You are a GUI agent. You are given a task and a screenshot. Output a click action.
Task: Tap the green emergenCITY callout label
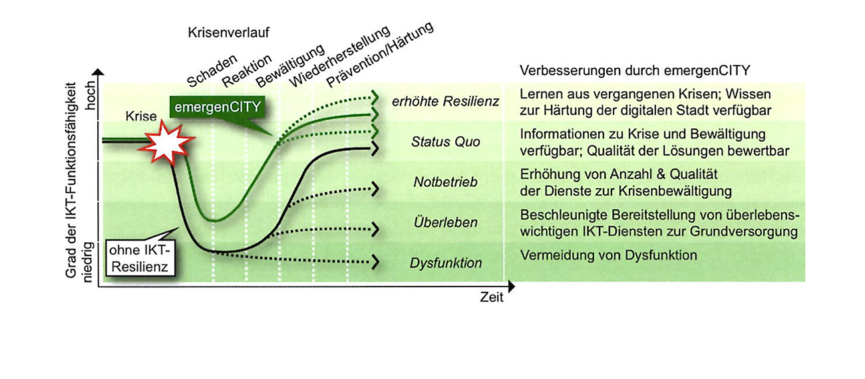[218, 107]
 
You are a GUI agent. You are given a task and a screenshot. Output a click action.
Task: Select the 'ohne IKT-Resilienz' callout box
[140, 258]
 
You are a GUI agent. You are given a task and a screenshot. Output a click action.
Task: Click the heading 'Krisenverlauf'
[228, 33]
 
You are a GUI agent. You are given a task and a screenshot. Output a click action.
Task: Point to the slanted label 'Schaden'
[212, 70]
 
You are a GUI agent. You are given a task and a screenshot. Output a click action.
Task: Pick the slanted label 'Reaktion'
[247, 70]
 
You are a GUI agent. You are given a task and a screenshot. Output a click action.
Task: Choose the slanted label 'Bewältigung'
[290, 66]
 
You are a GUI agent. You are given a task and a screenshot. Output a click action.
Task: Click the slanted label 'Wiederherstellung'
[340, 57]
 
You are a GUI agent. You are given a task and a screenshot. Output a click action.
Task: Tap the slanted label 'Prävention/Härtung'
[380, 55]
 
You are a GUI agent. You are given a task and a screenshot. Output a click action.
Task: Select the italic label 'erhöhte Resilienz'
[445, 102]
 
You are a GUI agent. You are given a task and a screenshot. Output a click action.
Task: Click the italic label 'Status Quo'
[445, 142]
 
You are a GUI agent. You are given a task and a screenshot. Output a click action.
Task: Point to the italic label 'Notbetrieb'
[445, 182]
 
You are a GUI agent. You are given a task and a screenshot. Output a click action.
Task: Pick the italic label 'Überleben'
[445, 222]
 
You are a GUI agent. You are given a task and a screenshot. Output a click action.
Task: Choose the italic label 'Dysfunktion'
[445, 263]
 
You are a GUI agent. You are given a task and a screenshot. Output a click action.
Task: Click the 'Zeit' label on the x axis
[492, 297]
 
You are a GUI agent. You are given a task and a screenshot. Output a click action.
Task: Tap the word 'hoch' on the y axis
[90, 95]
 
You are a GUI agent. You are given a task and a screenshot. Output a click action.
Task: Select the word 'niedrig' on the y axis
[88, 262]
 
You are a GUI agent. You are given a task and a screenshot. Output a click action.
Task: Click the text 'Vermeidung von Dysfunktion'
[609, 255]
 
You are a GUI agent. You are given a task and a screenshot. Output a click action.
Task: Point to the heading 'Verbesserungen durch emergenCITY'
[635, 70]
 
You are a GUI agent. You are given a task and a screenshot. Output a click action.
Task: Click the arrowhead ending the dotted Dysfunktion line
[375, 263]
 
